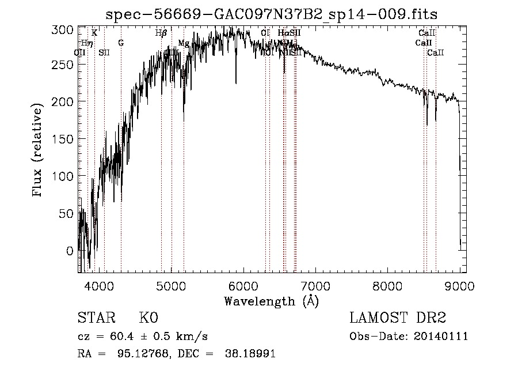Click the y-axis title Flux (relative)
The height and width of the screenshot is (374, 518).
pos(39,151)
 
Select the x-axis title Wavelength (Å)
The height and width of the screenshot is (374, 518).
pos(271,301)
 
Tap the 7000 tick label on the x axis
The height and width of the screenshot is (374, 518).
pos(315,285)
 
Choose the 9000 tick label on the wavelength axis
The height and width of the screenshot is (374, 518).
pos(459,285)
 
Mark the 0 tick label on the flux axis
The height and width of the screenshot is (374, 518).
pos(70,251)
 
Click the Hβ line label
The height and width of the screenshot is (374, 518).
pos(161,33)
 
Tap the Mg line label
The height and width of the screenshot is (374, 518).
pos(184,43)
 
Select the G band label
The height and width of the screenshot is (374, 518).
pos(121,43)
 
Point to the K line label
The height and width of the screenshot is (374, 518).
pos(94,33)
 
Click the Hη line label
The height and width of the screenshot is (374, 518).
pos(86,43)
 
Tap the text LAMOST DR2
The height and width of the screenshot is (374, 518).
pos(398,318)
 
